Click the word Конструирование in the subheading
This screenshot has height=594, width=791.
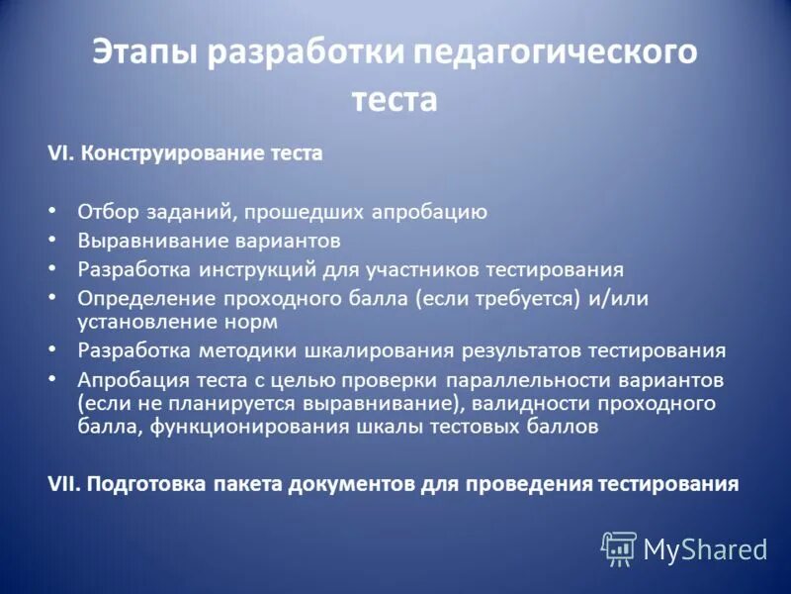click(174, 153)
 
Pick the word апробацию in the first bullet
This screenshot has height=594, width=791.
click(432, 211)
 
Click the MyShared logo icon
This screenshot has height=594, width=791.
click(619, 547)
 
